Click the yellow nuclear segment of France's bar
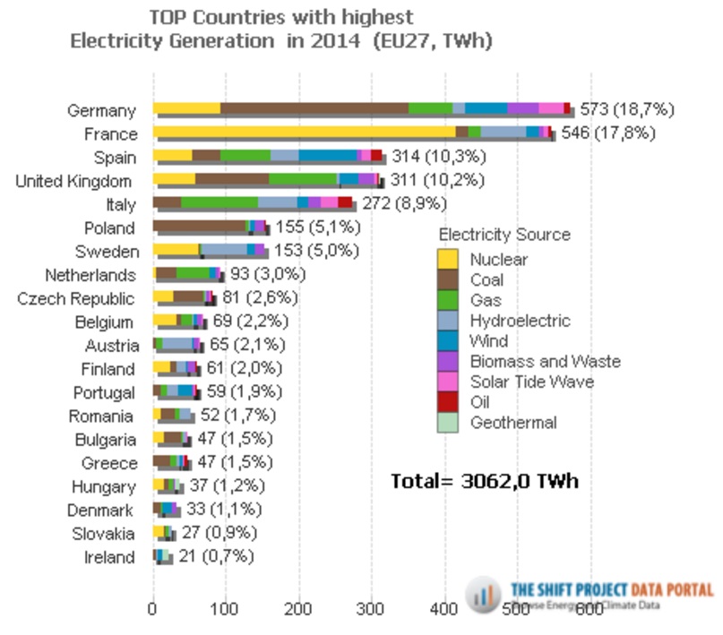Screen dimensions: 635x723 (305, 133)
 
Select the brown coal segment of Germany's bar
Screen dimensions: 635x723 (314, 108)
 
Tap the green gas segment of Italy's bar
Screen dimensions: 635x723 (219, 203)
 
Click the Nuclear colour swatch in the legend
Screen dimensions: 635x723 (447, 260)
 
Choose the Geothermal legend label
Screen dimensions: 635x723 (513, 423)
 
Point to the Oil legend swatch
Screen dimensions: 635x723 (447, 402)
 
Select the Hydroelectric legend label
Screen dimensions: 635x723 (520, 321)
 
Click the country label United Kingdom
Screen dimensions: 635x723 (76, 181)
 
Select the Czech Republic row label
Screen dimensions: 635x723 (76, 298)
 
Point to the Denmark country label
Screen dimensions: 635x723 (100, 511)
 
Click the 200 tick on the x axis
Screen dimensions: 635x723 (298, 609)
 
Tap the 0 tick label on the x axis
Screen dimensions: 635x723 (153, 609)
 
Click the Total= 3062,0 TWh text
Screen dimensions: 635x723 (485, 481)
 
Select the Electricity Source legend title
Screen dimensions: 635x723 (504, 235)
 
